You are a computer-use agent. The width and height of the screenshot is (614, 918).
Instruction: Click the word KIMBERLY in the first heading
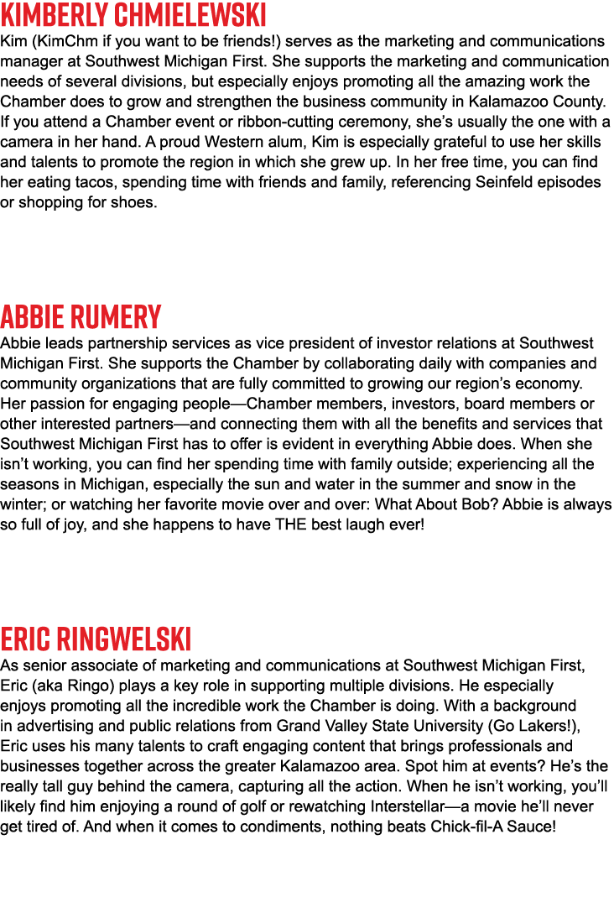pyautogui.click(x=56, y=14)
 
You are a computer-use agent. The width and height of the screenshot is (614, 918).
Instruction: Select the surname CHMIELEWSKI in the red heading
pyautogui.click(x=192, y=14)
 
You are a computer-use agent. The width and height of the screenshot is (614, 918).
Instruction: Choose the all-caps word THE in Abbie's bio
pyautogui.click(x=291, y=524)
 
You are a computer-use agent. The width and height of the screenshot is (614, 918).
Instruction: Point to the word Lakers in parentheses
pyautogui.click(x=542, y=726)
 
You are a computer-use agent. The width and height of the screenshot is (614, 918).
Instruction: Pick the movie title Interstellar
pyautogui.click(x=408, y=806)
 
